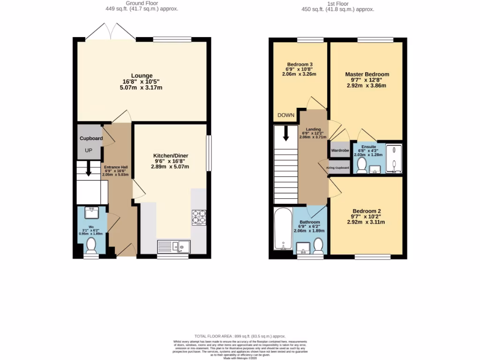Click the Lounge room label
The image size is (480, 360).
[x=142, y=75]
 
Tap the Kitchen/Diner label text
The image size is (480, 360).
[x=171, y=156]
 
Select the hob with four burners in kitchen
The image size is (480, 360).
[x=199, y=217]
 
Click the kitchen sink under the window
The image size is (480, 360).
[x=173, y=246]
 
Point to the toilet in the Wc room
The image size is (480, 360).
[x=91, y=245]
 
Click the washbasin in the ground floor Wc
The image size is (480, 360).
[x=91, y=213]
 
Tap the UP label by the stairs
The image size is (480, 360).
[x=89, y=151]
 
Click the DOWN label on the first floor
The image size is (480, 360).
[x=285, y=115]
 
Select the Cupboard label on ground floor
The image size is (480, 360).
[x=91, y=139]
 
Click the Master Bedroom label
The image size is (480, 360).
[x=367, y=74]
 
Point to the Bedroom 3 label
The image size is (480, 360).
[x=300, y=64]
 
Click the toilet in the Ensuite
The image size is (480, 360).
[x=361, y=165]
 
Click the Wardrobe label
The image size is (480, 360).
[x=340, y=150]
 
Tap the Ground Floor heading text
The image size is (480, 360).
[x=141, y=3]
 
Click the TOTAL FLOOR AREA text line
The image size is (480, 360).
[x=240, y=336]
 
